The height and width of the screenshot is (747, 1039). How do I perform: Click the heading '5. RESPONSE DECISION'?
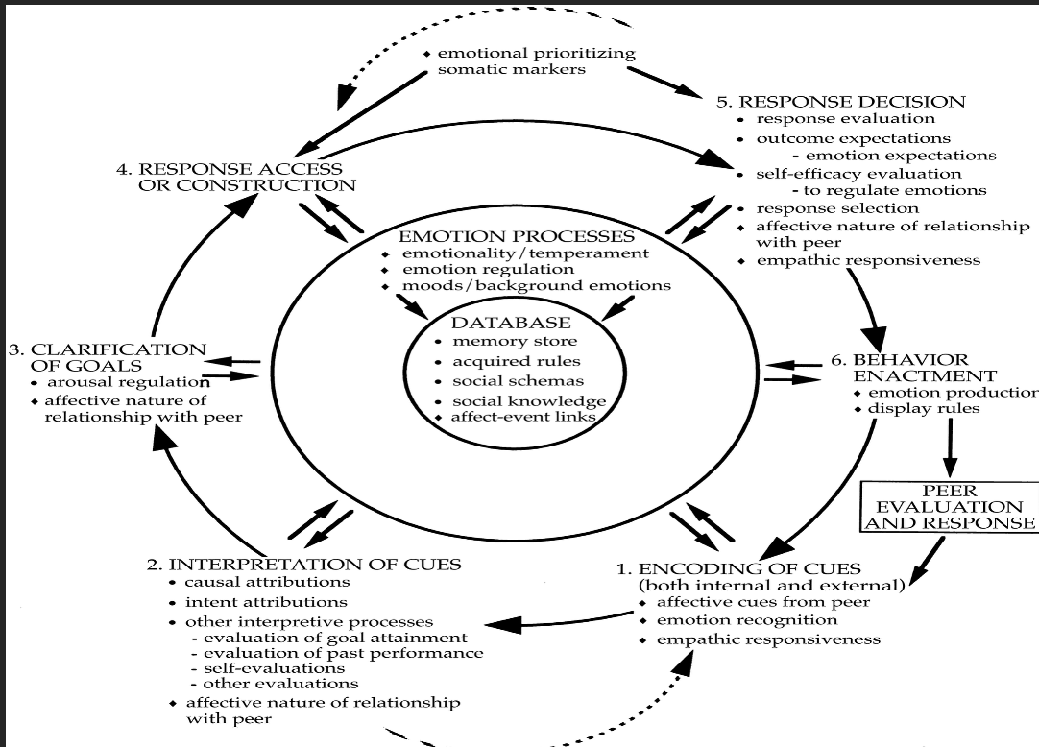(x=840, y=101)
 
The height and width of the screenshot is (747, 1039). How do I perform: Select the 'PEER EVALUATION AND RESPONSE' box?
(x=950, y=507)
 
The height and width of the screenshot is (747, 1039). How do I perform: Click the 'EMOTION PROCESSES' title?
(x=517, y=236)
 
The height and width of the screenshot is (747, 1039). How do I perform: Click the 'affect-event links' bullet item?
(x=522, y=417)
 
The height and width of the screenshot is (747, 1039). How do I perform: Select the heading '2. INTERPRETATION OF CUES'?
(x=317, y=564)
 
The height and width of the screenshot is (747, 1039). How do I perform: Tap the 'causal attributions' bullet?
(x=267, y=582)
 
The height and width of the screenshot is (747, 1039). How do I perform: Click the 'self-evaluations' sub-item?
(x=273, y=668)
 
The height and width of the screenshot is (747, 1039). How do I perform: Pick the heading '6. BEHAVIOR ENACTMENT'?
(x=911, y=368)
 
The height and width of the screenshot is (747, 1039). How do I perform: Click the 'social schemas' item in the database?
(x=518, y=381)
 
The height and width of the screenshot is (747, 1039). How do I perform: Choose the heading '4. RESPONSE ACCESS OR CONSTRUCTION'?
(x=240, y=177)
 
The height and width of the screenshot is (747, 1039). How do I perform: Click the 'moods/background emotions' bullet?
(x=536, y=286)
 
